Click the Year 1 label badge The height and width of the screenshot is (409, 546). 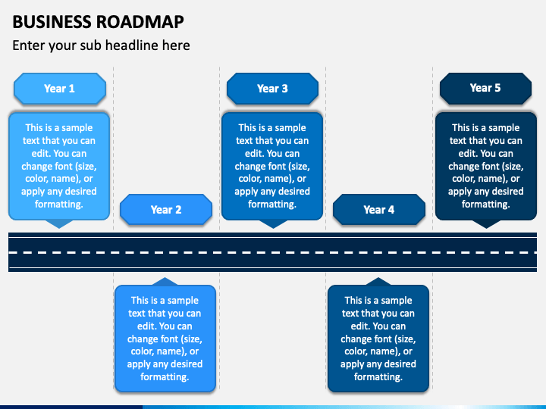(x=60, y=89)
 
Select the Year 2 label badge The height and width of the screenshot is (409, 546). (x=166, y=210)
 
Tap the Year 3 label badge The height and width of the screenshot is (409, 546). (x=272, y=89)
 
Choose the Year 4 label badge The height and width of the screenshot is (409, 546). (x=379, y=210)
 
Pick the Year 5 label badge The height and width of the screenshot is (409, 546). (x=485, y=89)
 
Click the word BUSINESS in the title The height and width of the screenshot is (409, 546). (x=52, y=22)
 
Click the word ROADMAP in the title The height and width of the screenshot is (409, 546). (x=140, y=22)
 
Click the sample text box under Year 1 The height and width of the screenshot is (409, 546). (x=59, y=166)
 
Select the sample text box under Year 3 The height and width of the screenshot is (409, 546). (x=272, y=166)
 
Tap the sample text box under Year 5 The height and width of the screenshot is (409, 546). (x=486, y=166)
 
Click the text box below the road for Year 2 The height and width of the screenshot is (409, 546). (x=165, y=339)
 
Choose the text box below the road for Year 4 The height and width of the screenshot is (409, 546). (x=378, y=339)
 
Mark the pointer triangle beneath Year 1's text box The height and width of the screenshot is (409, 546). (x=59, y=223)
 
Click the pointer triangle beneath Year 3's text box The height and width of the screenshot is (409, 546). (x=273, y=223)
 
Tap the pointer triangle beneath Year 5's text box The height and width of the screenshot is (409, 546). (x=486, y=223)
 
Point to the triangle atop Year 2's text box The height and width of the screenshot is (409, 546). (x=165, y=282)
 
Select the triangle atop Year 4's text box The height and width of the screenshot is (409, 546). (x=378, y=282)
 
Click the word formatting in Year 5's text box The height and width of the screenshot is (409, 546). (x=485, y=204)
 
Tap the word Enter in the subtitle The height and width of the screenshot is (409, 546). (x=29, y=45)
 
